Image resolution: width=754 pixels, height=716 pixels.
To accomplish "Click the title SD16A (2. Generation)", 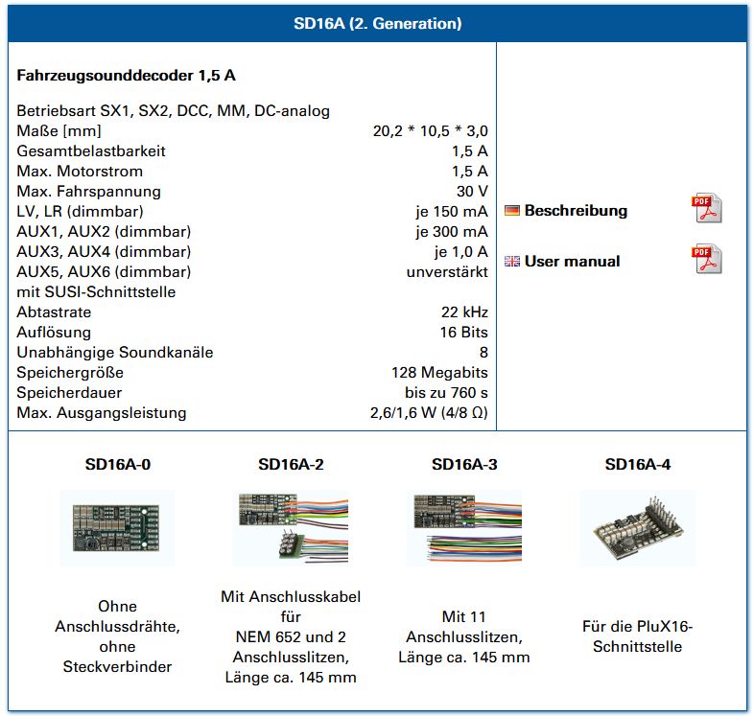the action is [x=377, y=23].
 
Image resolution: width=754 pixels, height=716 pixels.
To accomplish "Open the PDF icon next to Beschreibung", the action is [x=707, y=208].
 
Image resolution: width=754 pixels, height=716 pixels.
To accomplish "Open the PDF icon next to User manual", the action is [x=707, y=260].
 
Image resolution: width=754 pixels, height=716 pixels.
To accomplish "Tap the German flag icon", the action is [x=512, y=211].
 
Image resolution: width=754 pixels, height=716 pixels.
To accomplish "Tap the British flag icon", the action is [x=512, y=261].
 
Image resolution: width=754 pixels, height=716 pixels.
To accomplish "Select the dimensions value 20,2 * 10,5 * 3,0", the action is [x=430, y=130].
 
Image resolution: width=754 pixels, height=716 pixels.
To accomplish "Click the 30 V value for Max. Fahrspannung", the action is [x=472, y=191].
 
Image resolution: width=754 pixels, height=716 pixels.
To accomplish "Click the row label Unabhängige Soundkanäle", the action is [x=115, y=352].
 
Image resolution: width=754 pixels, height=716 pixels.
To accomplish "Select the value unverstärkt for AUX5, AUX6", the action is [x=447, y=271].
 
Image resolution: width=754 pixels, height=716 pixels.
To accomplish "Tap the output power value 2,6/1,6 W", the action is [x=429, y=413].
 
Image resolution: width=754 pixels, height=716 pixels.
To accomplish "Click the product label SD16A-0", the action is [x=117, y=465].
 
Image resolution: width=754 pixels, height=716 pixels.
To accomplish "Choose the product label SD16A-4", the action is [x=638, y=465].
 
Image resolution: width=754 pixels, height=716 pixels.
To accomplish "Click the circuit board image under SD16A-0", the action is [x=117, y=527].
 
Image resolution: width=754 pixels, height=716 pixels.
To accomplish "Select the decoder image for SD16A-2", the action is [x=291, y=527].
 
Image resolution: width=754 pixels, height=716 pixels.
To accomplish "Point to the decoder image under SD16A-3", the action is [x=464, y=527].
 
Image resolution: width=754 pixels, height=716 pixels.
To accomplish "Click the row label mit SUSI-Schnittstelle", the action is [x=96, y=291].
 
